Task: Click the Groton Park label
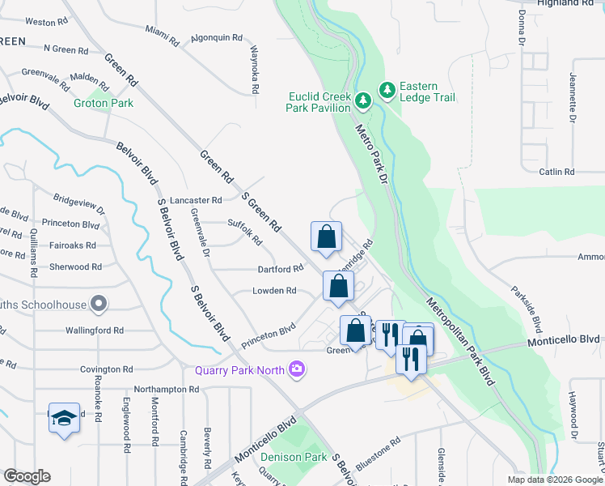tap(104, 103)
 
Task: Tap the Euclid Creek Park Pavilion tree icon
tap(363, 100)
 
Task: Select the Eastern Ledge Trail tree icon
tap(387, 89)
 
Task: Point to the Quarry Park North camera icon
tap(297, 369)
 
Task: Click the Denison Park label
tap(294, 457)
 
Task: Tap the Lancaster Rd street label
tap(194, 200)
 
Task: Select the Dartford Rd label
tap(280, 269)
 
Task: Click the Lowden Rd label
tap(275, 291)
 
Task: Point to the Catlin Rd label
tap(556, 172)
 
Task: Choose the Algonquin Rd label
tap(217, 38)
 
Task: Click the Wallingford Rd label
tap(95, 330)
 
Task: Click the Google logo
tap(27, 476)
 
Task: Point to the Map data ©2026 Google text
tap(554, 480)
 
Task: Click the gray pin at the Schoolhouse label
tap(99, 305)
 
